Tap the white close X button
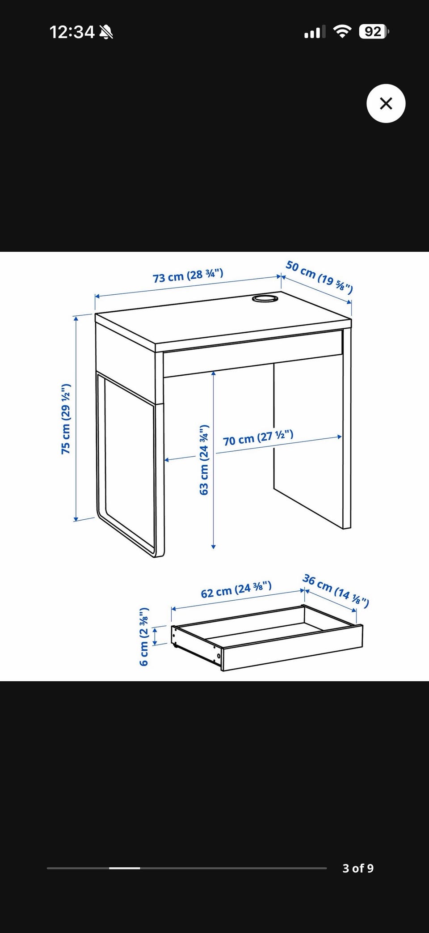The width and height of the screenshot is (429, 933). [386, 103]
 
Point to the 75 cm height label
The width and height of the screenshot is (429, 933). [66, 419]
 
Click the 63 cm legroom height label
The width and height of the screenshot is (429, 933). [204, 460]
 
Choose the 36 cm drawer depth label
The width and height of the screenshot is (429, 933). [336, 591]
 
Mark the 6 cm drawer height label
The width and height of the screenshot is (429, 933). [143, 636]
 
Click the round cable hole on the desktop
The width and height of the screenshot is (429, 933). [265, 298]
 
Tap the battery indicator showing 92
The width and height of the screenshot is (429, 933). [374, 32]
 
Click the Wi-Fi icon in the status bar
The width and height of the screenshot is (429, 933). [342, 32]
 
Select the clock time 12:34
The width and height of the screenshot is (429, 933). [72, 32]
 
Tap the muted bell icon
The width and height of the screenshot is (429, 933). [106, 32]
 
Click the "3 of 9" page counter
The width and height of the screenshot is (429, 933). [358, 868]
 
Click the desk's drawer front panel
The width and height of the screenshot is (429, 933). [253, 353]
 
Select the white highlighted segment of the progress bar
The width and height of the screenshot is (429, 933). [125, 868]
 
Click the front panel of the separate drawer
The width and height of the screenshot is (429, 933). [292, 648]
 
